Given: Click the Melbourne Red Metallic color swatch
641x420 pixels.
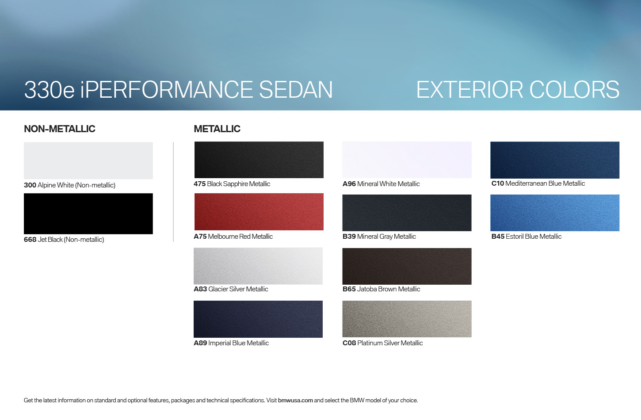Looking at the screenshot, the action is pyautogui.click(x=259, y=212).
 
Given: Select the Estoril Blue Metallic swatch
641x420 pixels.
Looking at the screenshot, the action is pyautogui.click(x=555, y=213).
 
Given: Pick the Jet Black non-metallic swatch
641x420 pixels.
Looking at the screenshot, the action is pyautogui.click(x=88, y=214).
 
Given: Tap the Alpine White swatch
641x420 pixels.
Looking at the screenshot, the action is pyautogui.click(x=88, y=160).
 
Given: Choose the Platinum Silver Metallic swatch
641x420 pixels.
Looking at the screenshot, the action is pyautogui.click(x=407, y=319).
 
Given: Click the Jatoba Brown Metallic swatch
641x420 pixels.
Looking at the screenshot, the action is pyautogui.click(x=407, y=266).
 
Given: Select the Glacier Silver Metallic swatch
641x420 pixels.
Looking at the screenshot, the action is pyautogui.click(x=258, y=266).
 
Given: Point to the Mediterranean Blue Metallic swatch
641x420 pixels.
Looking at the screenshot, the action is pyautogui.click(x=555, y=160).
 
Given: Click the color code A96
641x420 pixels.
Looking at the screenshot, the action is pyautogui.click(x=349, y=184).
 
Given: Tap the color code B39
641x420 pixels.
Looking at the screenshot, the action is pyautogui.click(x=349, y=237).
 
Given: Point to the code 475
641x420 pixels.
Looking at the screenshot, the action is pyautogui.click(x=200, y=184).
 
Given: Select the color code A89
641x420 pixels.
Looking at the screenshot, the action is pyautogui.click(x=200, y=343).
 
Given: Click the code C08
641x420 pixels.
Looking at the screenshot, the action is pyautogui.click(x=349, y=343).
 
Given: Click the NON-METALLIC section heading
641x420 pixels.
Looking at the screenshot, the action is pyautogui.click(x=60, y=129).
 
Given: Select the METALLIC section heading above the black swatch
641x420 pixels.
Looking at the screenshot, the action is pyautogui.click(x=217, y=129).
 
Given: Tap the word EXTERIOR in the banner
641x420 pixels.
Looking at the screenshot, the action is pyautogui.click(x=469, y=90).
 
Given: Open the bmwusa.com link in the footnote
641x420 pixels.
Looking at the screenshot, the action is pyautogui.click(x=295, y=400).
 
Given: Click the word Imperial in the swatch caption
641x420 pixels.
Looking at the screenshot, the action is pyautogui.click(x=219, y=344).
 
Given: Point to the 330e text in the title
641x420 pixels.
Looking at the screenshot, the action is pyautogui.click(x=49, y=90).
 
